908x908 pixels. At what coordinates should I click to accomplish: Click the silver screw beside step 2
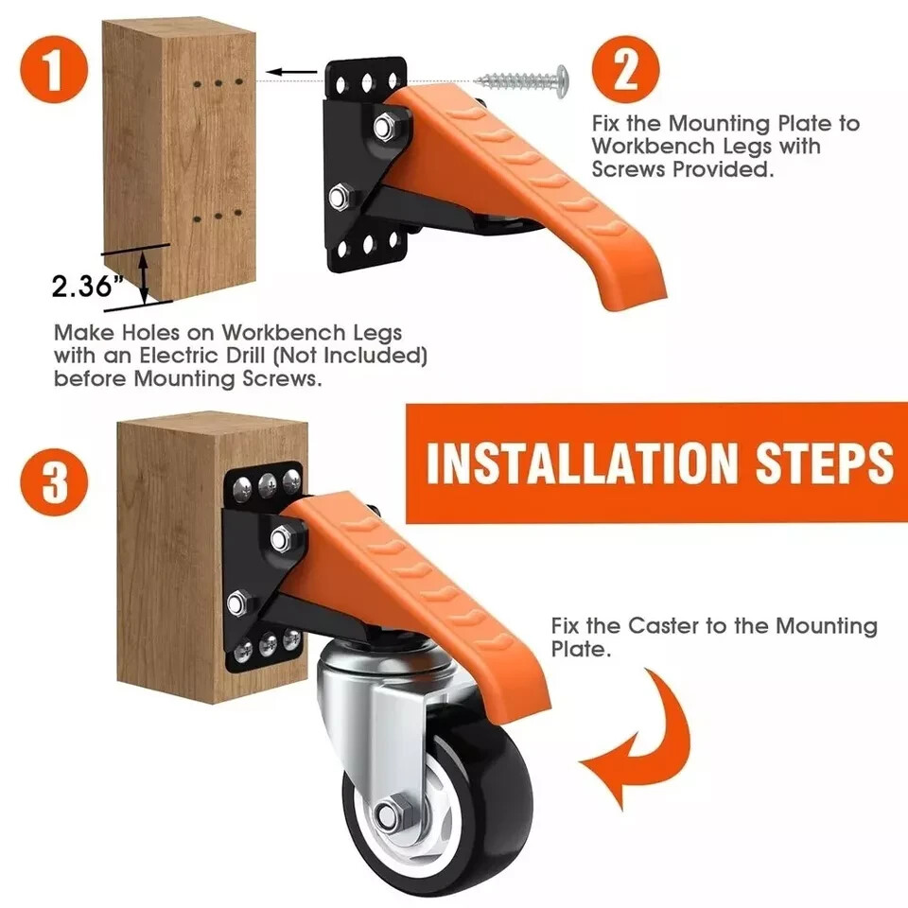[521, 79]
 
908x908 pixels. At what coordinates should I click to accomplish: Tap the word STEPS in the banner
[821, 463]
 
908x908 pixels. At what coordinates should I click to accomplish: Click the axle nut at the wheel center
[389, 814]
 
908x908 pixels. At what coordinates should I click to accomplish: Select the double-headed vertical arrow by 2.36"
[144, 273]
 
